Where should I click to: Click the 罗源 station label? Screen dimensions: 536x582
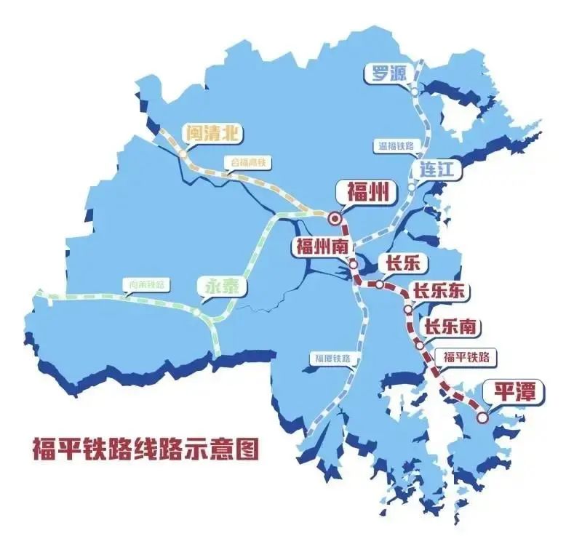coord(391,73)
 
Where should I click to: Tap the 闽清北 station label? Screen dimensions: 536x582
coord(212,132)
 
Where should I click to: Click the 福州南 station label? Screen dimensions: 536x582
coord(321,246)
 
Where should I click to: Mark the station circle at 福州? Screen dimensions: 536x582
coord(335,217)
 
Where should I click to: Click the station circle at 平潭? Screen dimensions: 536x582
coord(482,417)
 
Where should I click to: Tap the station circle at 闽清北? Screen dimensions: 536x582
coord(182,154)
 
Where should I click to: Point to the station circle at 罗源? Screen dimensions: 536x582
coord(413,92)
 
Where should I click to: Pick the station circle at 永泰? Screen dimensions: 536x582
coord(196,312)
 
